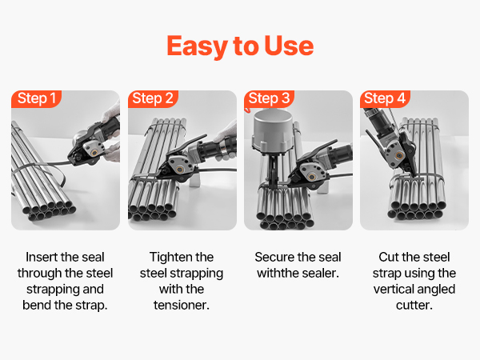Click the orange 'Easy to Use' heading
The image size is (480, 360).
(x=240, y=46)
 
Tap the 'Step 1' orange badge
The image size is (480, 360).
(x=37, y=98)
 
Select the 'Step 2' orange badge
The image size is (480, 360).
(x=153, y=98)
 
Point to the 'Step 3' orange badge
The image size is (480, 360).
(x=269, y=98)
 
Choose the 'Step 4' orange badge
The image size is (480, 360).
(x=385, y=98)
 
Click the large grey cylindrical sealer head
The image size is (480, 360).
(x=272, y=131)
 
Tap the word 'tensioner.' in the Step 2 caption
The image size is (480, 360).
(x=182, y=306)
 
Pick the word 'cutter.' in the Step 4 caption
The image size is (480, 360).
(x=414, y=306)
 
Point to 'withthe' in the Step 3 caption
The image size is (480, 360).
(x=277, y=273)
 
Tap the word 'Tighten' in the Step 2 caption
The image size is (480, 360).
(x=167, y=257)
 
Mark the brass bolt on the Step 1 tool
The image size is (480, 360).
(x=94, y=152)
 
